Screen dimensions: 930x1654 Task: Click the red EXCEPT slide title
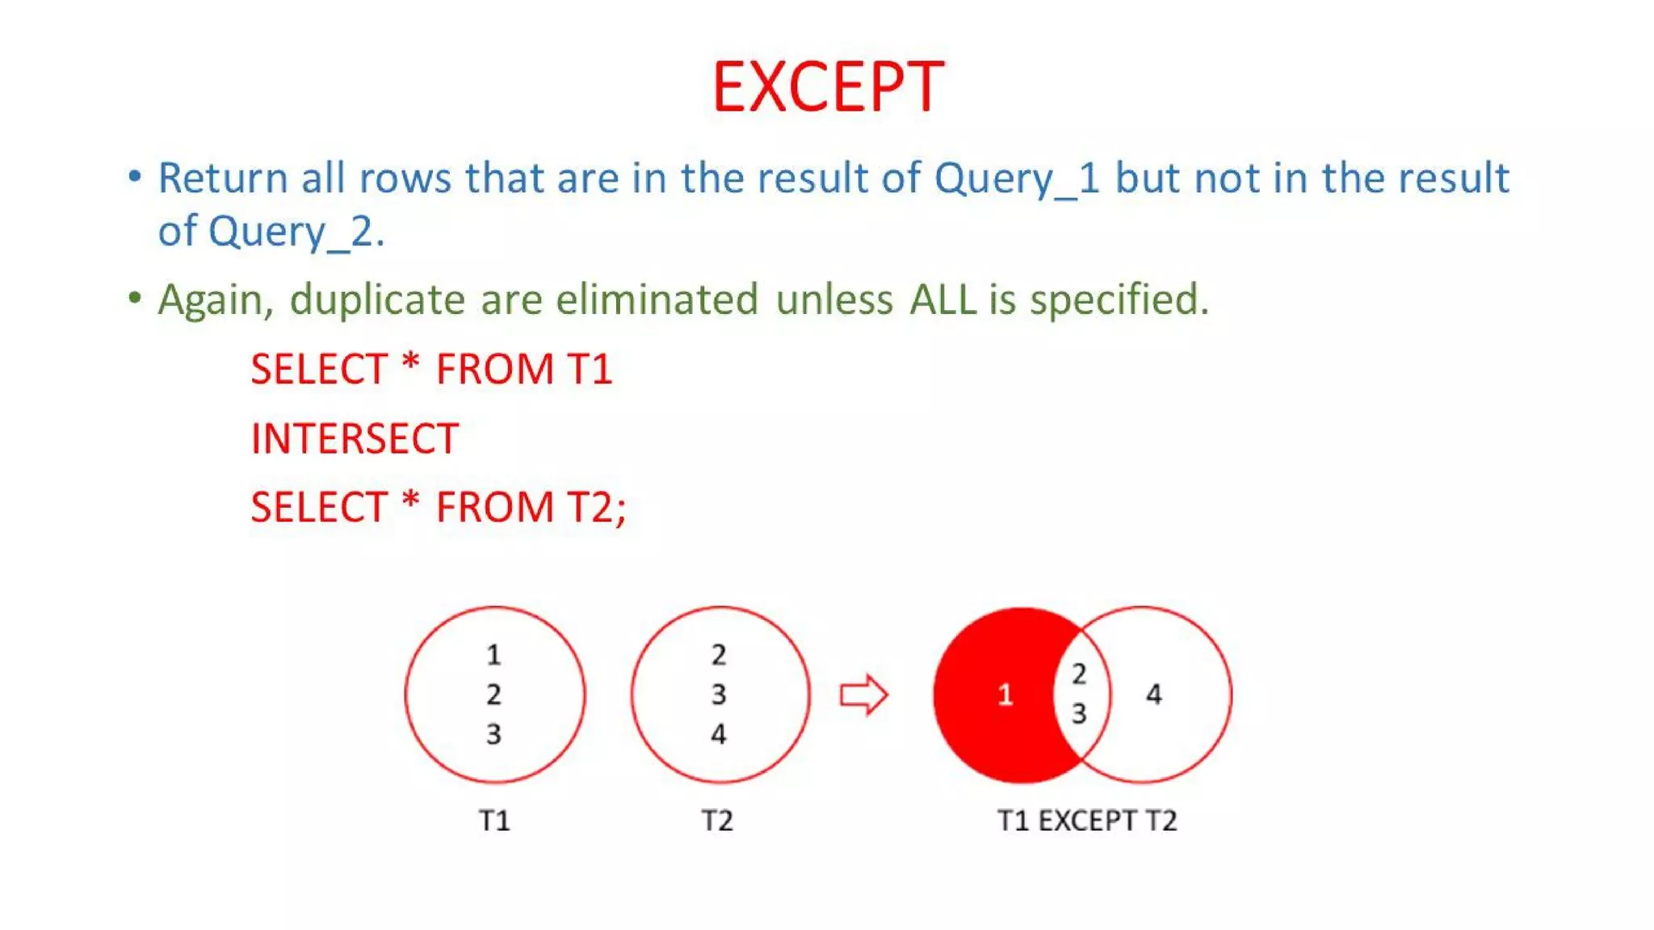pyautogui.click(x=828, y=86)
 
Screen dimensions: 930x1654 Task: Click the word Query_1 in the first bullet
pyautogui.click(x=1017, y=178)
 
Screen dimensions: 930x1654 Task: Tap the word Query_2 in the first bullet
pyautogui.click(x=290, y=232)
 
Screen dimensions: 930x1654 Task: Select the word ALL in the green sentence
pyautogui.click(x=942, y=300)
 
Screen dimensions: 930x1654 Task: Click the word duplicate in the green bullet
pyautogui.click(x=377, y=300)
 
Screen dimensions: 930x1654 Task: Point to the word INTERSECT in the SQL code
pyautogui.click(x=355, y=439)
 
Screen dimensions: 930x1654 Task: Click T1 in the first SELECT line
pyautogui.click(x=590, y=370)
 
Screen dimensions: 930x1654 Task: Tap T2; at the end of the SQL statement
pyautogui.click(x=596, y=508)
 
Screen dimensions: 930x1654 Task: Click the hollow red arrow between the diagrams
pyautogui.click(x=863, y=694)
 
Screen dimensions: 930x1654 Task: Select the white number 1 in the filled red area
pyautogui.click(x=1005, y=694)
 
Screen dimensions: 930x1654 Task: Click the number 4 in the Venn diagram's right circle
pyautogui.click(x=1153, y=694)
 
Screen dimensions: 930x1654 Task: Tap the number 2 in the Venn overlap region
pyautogui.click(x=1079, y=674)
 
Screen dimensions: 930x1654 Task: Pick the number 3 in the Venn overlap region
pyautogui.click(x=1079, y=714)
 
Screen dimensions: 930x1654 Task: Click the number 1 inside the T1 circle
pyautogui.click(x=493, y=655)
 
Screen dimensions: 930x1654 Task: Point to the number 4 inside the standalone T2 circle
pyautogui.click(x=718, y=734)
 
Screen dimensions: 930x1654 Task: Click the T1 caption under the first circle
pyautogui.click(x=494, y=821)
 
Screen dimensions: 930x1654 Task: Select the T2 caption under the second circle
pyautogui.click(x=717, y=821)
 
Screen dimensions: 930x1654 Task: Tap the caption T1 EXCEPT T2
pyautogui.click(x=1087, y=821)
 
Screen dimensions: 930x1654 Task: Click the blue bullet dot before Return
pyautogui.click(x=135, y=176)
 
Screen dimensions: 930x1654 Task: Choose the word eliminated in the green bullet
pyautogui.click(x=657, y=300)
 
